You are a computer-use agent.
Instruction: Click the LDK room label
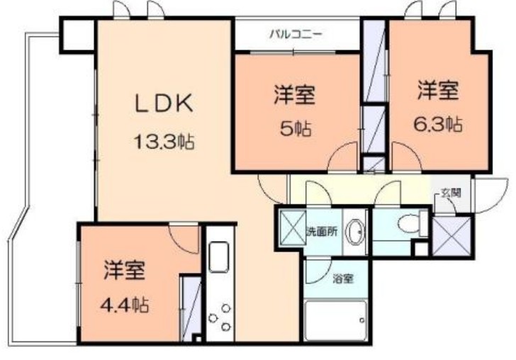pyautogui.click(x=164, y=103)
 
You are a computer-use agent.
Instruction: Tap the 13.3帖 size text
pyautogui.click(x=164, y=141)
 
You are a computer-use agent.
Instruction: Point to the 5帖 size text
pyautogui.click(x=294, y=130)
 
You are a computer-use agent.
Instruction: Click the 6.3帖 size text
pyautogui.click(x=438, y=125)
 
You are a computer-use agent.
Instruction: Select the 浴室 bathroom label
pyautogui.click(x=342, y=279)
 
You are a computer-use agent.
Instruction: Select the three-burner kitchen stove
pyautogui.click(x=221, y=317)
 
